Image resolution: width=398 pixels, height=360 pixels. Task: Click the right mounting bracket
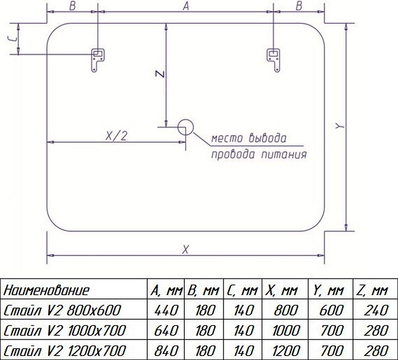(x=273, y=60)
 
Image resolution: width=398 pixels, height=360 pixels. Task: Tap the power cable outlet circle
(x=185, y=127)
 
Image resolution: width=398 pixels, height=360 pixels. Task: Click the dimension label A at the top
(x=186, y=6)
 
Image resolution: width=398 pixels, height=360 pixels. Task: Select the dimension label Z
(x=160, y=74)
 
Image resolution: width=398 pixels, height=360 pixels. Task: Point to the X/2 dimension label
(x=116, y=136)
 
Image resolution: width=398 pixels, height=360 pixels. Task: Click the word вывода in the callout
(x=267, y=138)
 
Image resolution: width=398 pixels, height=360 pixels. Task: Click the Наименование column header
(x=47, y=290)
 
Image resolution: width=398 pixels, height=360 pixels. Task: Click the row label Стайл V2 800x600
(x=62, y=310)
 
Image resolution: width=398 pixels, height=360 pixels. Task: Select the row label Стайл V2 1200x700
(x=65, y=351)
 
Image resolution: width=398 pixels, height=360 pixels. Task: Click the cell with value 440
(x=166, y=310)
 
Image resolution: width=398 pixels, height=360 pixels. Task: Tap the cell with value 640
(x=166, y=331)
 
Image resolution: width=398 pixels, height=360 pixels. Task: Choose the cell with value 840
(x=166, y=351)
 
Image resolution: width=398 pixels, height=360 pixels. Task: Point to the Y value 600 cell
(x=331, y=310)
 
